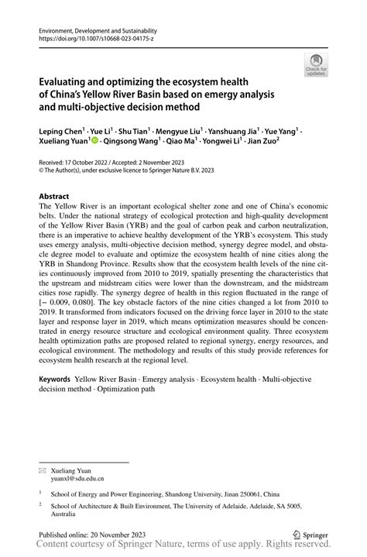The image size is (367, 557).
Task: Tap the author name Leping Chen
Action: click(x=63, y=132)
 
